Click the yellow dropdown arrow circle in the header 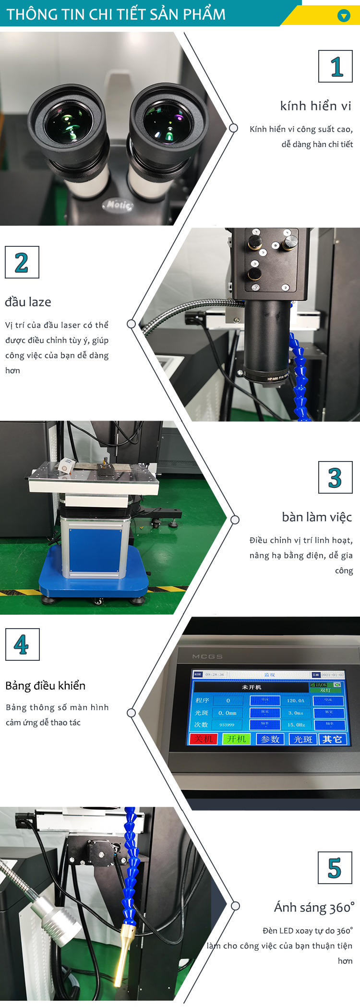coord(344,16)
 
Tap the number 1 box coord(336,66)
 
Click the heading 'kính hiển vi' coord(315,106)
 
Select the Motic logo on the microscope coord(118,205)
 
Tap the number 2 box coord(22,262)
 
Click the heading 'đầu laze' coord(28,302)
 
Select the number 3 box coord(336,477)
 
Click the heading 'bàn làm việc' coord(317,517)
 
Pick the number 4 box coord(22,644)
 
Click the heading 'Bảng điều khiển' coord(46,685)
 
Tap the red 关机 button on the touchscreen coord(204,739)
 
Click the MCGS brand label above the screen coord(207,656)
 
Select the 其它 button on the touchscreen coord(332,739)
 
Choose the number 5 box coord(335,868)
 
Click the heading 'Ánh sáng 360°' coord(314,908)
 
